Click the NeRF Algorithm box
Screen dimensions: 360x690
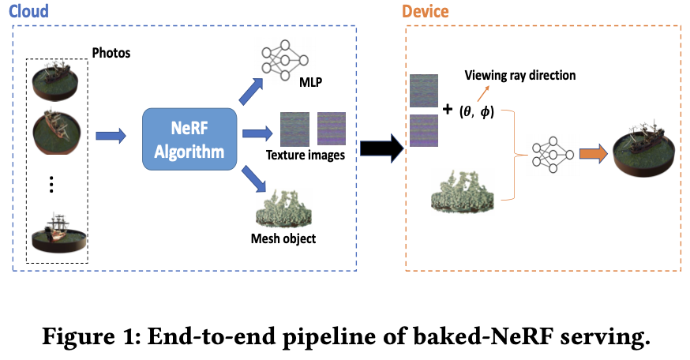click(x=189, y=139)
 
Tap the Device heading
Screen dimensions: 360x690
click(x=426, y=12)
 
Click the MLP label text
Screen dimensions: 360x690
click(x=311, y=83)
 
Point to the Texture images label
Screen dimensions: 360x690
click(x=305, y=155)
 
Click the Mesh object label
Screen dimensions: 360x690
click(x=283, y=237)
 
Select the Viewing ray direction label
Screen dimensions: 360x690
click(x=520, y=76)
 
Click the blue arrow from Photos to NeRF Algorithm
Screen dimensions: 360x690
click(x=111, y=137)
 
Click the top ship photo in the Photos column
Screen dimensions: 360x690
click(x=54, y=77)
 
